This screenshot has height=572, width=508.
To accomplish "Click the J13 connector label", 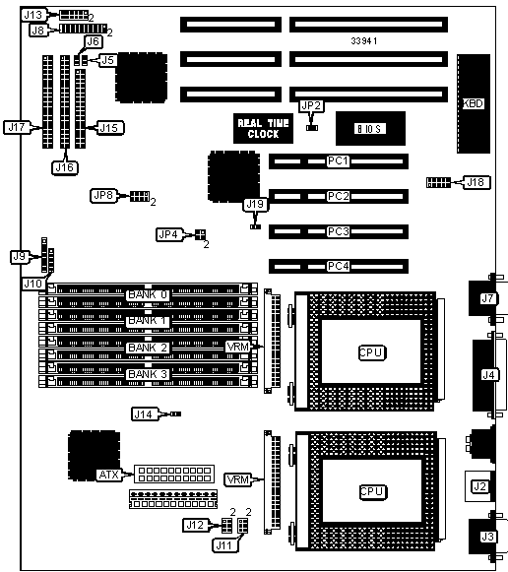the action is pos(33,15).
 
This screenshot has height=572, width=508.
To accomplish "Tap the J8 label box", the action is pos(38,31).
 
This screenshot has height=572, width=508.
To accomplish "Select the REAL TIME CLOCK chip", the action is pos(263,128).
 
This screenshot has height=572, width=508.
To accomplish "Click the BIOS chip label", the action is pos(370,129).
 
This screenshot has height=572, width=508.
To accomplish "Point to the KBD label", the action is pos(473,103).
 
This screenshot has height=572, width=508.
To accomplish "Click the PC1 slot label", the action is pos(338,160).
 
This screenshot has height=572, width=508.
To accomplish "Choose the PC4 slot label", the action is pos(338,266).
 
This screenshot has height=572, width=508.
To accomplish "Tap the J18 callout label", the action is pos(476,182).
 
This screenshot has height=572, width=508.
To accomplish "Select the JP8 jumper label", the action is pos(103,196).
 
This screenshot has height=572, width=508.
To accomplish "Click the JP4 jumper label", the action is pos(168,234).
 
